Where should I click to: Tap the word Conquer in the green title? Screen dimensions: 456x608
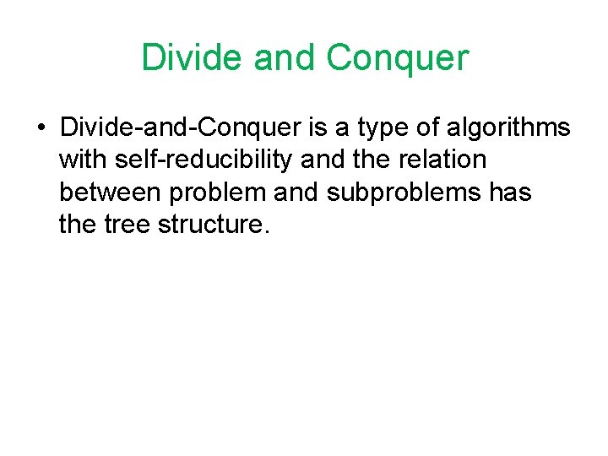(x=397, y=58)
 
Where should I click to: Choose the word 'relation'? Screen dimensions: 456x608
(x=442, y=160)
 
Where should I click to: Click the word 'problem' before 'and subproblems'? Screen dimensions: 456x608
(x=217, y=193)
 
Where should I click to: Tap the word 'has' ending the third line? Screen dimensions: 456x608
(x=510, y=193)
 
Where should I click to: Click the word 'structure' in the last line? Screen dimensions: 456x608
(x=218, y=225)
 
